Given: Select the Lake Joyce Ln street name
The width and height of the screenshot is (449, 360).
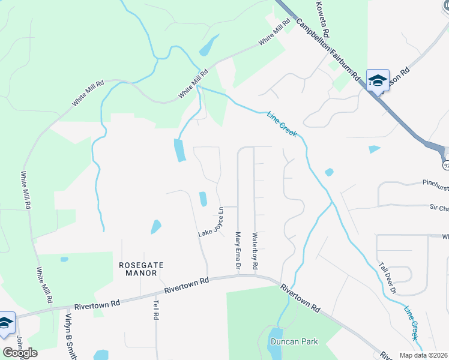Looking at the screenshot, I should point(211,222).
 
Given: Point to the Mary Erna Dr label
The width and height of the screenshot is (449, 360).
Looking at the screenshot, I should point(238,251).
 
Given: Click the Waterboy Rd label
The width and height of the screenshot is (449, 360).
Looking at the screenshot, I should point(255,251).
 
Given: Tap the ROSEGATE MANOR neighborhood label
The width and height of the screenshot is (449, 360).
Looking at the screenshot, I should point(137,269).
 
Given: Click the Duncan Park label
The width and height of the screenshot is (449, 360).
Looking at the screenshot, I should point(294,341).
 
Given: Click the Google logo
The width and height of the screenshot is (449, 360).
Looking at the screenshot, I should point(20,353).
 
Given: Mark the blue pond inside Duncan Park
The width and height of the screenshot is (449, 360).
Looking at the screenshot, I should point(274,341).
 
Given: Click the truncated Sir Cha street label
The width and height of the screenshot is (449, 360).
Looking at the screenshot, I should point(438,208).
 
